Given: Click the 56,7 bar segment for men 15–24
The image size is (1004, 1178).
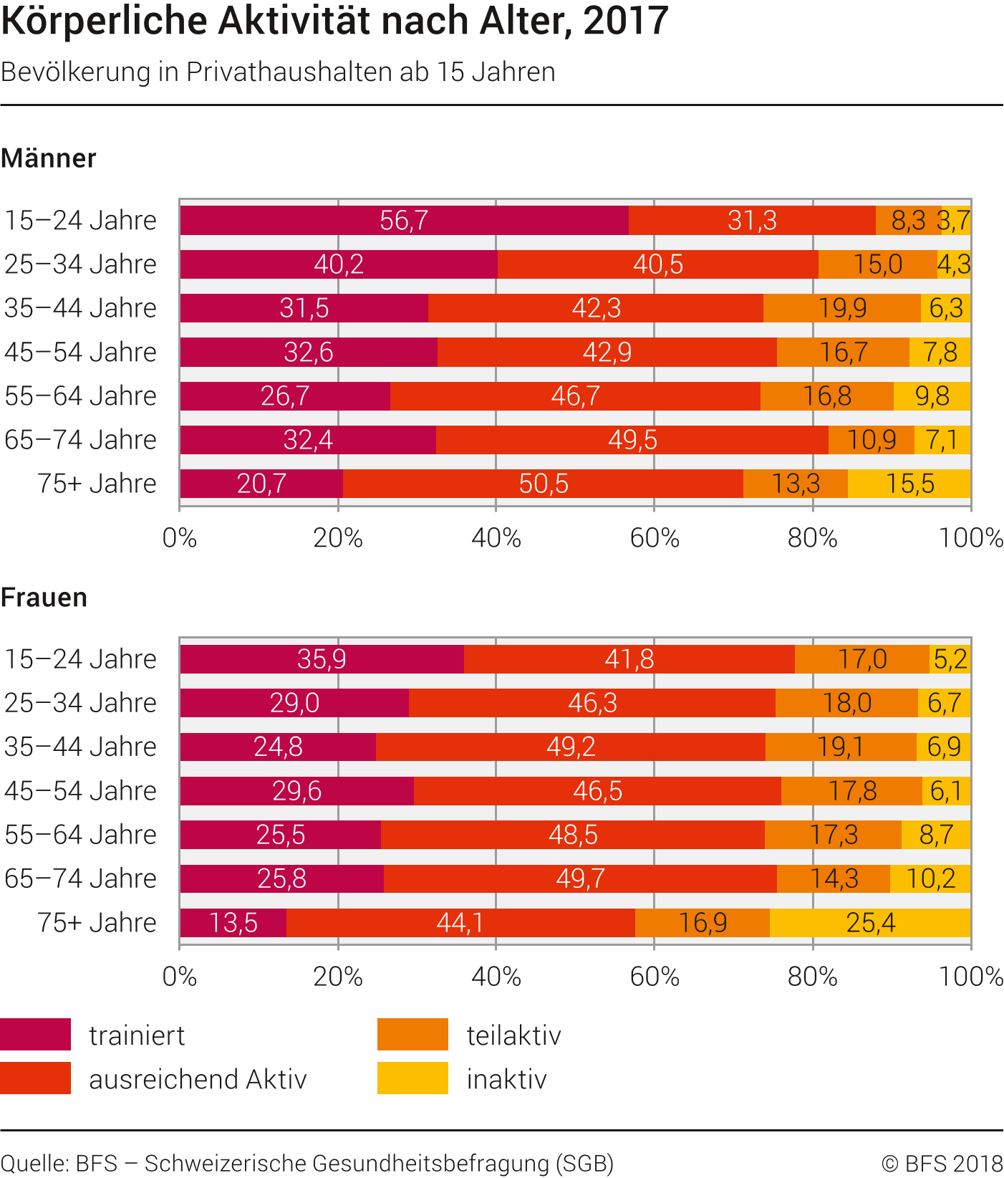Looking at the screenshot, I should point(404,221).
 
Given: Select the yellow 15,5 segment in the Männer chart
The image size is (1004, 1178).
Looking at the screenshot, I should point(909,484).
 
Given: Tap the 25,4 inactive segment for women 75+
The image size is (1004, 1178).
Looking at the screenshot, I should point(870,923).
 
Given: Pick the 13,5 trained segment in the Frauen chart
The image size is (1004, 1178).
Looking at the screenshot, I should point(233,923).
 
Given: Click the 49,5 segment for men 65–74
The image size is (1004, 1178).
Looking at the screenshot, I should point(632,440).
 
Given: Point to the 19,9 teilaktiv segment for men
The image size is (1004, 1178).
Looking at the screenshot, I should point(842,308).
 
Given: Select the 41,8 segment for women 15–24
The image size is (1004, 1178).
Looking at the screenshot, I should point(629,659).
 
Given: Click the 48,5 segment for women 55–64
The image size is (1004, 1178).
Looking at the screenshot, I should point(572,835).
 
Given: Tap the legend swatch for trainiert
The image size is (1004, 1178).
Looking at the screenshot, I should point(36,1034).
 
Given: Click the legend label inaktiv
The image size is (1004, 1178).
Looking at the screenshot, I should point(506,1079).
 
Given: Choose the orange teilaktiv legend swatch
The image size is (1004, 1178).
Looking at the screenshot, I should point(412,1034).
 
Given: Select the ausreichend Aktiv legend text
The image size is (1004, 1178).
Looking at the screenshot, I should point(198,1079).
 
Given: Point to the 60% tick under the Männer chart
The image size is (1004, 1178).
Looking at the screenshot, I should point(654,538).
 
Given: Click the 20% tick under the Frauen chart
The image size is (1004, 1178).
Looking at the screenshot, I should point(338,977).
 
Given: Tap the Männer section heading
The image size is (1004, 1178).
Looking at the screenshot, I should point(49,158).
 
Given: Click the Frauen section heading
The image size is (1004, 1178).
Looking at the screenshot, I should point(44,598).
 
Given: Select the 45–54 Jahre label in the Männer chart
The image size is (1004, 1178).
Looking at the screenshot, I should point(80,353).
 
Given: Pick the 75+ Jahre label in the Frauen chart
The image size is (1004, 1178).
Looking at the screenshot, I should point(97,923).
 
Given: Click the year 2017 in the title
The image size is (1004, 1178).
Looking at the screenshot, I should point(625,20).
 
